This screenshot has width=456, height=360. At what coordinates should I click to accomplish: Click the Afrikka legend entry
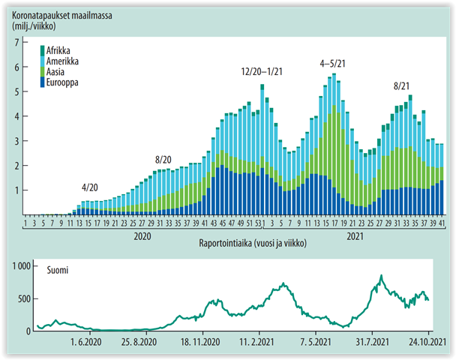click(61, 49)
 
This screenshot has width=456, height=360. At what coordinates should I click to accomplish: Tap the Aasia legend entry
click(58, 70)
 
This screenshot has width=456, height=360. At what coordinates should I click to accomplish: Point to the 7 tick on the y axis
click(16, 42)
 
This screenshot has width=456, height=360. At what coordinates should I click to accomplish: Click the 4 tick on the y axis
click(16, 116)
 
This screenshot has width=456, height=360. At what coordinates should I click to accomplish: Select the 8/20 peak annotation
click(164, 160)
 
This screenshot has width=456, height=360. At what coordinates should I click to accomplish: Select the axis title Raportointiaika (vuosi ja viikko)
click(253, 244)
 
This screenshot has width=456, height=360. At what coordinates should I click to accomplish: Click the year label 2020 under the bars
click(142, 235)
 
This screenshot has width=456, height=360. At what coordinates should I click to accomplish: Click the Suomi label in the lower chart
click(59, 269)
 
